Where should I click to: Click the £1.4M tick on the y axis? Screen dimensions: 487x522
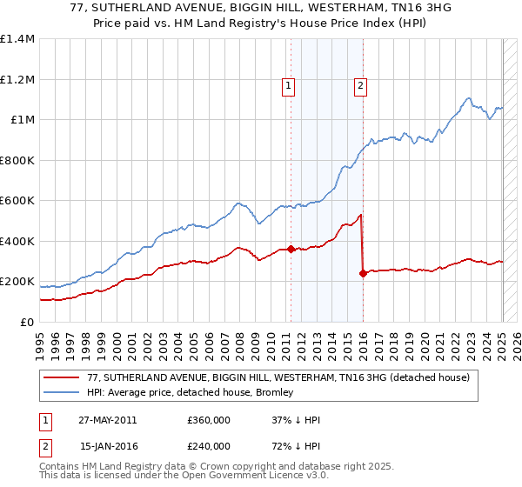[17, 39]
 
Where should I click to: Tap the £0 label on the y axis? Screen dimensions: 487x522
[26, 322]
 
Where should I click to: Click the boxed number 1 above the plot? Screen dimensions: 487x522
[288, 85]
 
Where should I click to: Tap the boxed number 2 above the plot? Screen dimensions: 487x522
[360, 85]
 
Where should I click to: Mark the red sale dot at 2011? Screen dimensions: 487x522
[291, 250]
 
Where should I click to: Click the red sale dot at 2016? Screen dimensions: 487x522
[362, 273]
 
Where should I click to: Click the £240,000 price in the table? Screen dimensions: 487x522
[208, 445]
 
